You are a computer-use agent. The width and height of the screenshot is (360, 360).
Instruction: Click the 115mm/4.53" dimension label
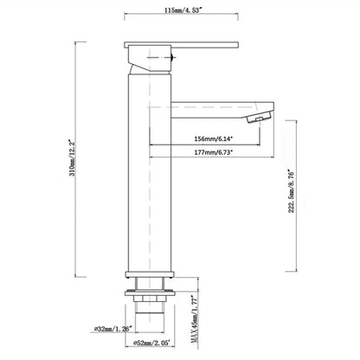tap(183, 10)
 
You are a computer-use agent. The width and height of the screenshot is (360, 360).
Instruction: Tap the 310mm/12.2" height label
tap(72, 158)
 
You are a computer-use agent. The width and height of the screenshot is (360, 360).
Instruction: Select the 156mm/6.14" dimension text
tap(214, 138)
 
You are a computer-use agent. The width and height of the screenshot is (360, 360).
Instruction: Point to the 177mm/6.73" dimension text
tap(214, 152)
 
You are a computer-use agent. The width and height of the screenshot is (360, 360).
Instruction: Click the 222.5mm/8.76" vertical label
tap(291, 192)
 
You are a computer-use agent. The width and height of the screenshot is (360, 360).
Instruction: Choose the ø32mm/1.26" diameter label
tap(112, 329)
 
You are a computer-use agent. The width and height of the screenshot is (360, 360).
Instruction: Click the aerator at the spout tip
tap(259, 118)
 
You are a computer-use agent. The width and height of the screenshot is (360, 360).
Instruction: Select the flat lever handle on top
tap(182, 45)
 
